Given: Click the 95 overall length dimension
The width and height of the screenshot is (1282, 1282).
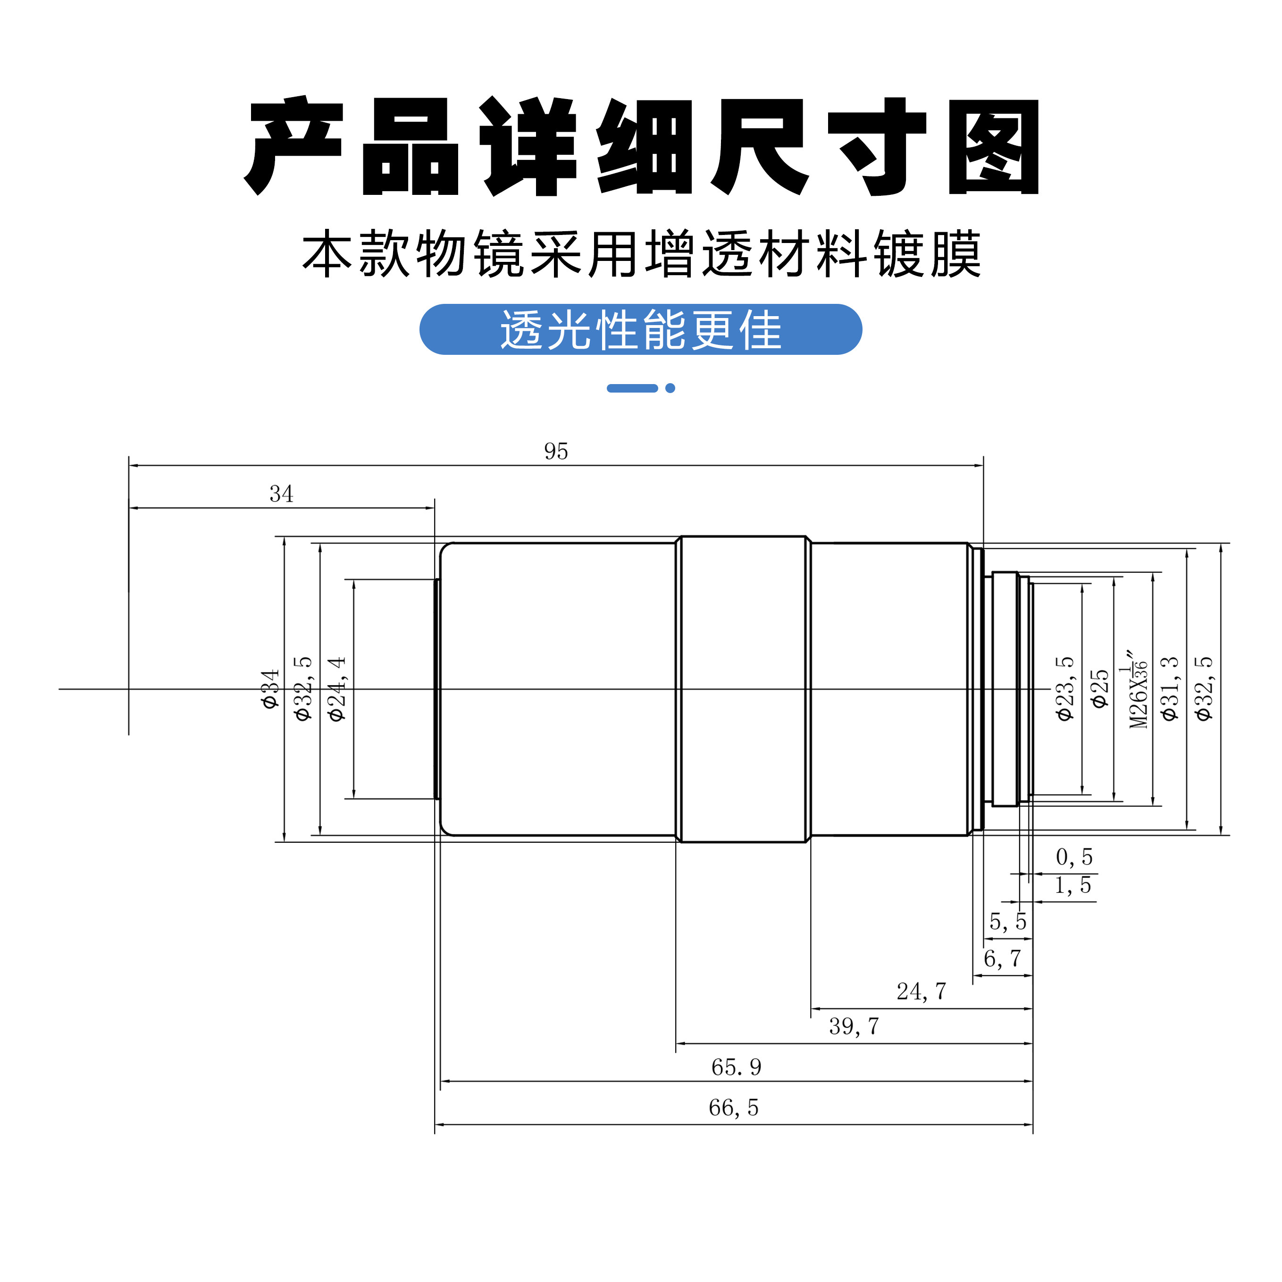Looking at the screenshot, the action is pos(556,451).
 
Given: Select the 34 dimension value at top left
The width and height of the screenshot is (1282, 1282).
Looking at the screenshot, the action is pos(281,494).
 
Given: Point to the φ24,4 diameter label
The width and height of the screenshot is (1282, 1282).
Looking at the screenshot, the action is pos(337,689).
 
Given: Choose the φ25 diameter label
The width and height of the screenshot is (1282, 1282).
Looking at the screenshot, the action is pos(1099,689).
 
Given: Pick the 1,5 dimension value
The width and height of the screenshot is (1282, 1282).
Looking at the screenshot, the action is pos(1073,885).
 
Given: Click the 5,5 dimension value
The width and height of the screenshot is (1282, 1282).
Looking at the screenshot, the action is pos(1007,921).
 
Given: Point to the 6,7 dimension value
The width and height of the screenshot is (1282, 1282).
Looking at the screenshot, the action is pos(1002,958).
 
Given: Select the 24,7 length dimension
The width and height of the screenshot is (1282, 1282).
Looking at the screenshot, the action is pos(921,991).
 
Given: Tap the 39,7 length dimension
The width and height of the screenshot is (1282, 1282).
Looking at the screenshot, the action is pos(854,1027).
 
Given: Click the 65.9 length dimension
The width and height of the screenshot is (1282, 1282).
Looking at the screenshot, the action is pos(736,1067).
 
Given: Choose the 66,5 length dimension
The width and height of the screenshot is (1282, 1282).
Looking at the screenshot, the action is pos(733,1107).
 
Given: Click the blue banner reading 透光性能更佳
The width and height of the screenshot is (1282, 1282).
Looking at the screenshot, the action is pos(640,329).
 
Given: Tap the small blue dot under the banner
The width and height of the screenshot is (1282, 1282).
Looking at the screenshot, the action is pos(670,388).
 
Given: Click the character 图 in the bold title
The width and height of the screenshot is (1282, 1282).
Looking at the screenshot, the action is pos(993,147).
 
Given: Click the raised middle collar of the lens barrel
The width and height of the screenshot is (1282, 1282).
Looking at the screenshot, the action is pos(743,689).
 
